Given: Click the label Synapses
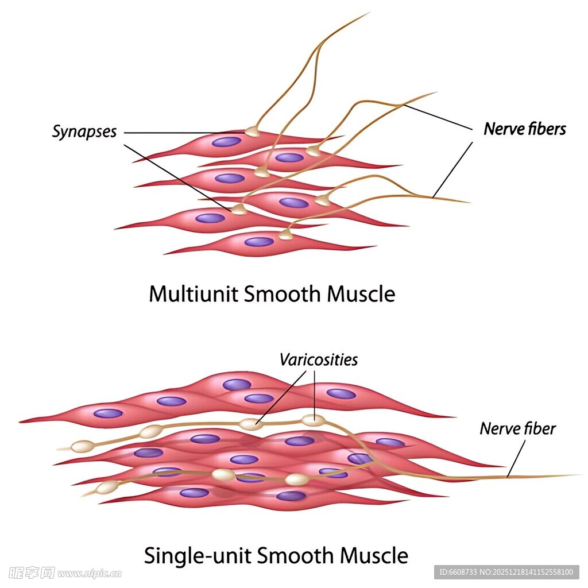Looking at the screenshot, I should click(x=84, y=131).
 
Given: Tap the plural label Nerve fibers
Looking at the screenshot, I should click(x=524, y=129).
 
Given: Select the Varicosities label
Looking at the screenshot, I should click(x=318, y=359).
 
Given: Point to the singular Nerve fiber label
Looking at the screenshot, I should click(x=517, y=428).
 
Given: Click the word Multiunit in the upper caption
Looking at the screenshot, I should click(x=193, y=294).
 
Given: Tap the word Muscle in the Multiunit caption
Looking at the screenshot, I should click(x=361, y=294).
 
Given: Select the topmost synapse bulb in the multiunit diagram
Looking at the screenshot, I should click(x=252, y=131).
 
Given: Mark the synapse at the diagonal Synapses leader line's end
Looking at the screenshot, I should click(x=239, y=210).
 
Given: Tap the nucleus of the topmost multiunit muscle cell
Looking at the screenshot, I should click(x=226, y=142).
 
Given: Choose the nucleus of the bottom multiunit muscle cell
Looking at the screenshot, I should click(x=259, y=242).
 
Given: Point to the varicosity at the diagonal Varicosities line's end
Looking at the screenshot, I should click(x=250, y=424).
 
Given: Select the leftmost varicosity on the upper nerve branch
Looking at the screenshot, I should click(x=82, y=446).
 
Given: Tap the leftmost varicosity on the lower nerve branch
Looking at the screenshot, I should click(x=107, y=488).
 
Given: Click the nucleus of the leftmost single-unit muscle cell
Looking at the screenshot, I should click(x=108, y=413).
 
